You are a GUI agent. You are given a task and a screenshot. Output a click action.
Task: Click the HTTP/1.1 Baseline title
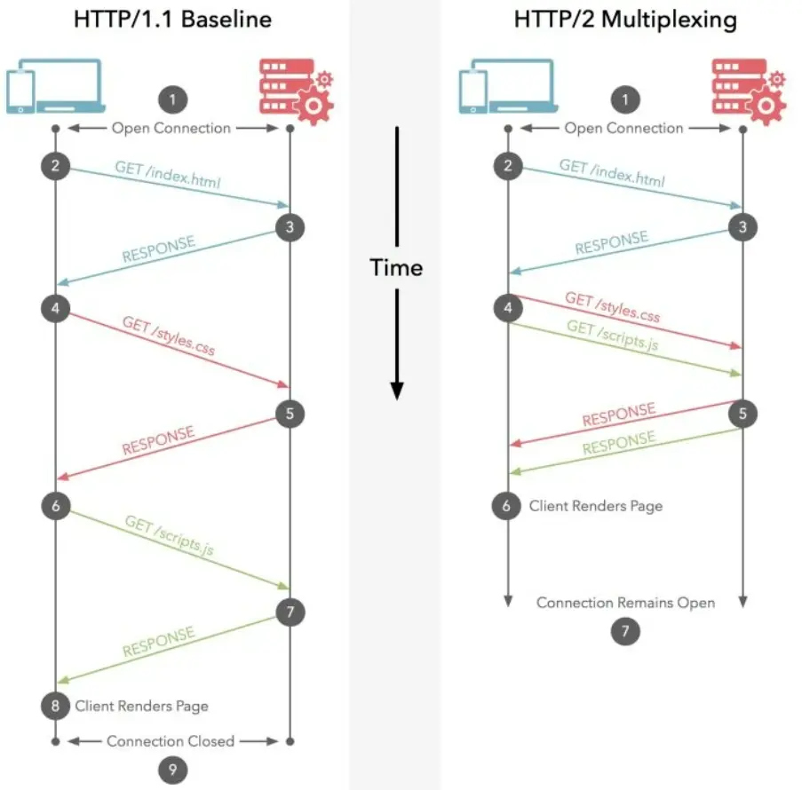[x=172, y=20]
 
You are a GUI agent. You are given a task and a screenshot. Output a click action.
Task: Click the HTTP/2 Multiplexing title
[x=625, y=20]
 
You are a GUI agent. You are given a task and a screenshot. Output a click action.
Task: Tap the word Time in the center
[x=396, y=267]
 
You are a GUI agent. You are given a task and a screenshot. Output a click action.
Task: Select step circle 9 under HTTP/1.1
[x=172, y=770]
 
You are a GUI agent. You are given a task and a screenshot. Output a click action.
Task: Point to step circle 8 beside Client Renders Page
[x=56, y=706]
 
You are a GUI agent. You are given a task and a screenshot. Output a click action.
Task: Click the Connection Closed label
[x=171, y=741]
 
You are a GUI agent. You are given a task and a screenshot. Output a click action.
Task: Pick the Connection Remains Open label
[x=625, y=603]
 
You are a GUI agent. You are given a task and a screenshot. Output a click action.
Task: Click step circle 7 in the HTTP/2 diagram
[x=625, y=631]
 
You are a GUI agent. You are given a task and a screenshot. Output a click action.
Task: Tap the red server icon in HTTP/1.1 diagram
[x=296, y=91]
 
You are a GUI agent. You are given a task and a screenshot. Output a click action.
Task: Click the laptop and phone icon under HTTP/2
[x=508, y=86]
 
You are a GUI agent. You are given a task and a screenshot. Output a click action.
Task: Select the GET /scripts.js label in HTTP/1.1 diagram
[x=169, y=535]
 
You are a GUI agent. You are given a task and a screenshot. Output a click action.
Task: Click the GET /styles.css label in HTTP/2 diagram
[x=612, y=307]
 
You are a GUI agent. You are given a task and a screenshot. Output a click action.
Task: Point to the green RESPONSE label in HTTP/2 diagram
[x=618, y=442]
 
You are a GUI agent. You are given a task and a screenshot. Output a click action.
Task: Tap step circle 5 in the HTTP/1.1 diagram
[x=290, y=413]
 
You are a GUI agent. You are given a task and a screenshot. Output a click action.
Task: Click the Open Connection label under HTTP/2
[x=623, y=128]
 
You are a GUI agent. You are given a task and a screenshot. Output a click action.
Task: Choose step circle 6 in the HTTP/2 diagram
[x=506, y=506]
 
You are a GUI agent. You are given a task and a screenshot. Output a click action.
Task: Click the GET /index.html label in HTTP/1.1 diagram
[x=168, y=174]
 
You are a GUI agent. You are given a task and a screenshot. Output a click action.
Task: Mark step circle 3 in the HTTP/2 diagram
[x=742, y=227]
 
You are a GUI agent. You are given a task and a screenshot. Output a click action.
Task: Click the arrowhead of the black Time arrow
[x=397, y=391]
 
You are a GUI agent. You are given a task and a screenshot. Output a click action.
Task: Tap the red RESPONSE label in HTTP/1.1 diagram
[x=158, y=440]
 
